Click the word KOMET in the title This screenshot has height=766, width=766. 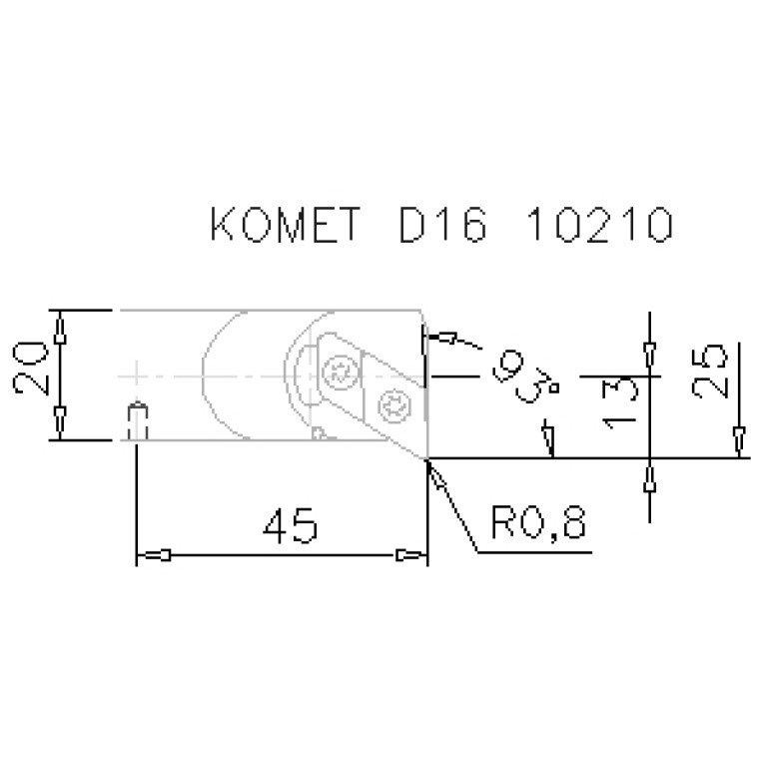click(286, 225)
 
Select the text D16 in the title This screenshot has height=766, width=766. click(443, 225)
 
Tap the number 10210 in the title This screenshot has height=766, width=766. click(600, 225)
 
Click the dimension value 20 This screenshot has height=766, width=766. click(30, 369)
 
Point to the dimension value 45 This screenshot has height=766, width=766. click(291, 525)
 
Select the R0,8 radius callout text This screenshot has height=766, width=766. click(538, 523)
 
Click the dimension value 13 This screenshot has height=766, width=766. click(620, 403)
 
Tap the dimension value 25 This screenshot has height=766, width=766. click(710, 372)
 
